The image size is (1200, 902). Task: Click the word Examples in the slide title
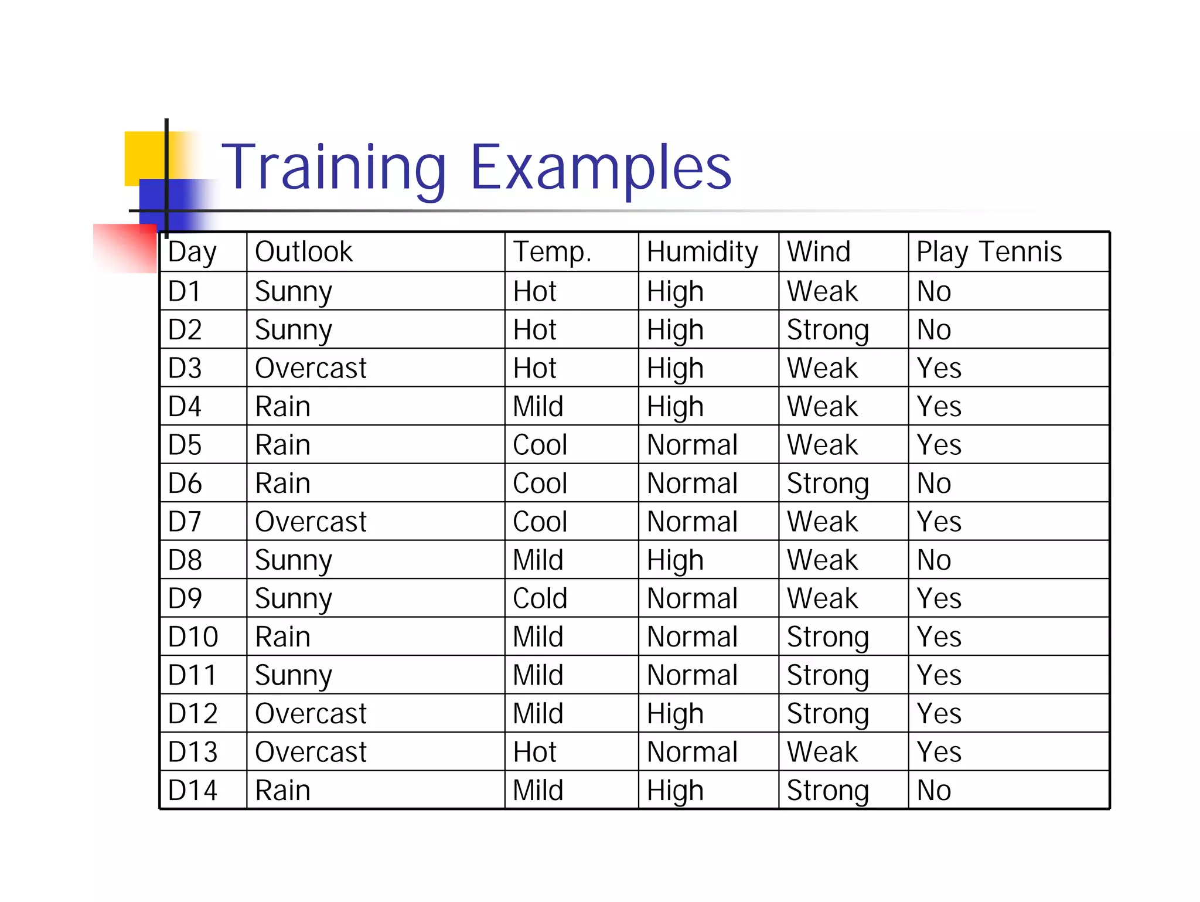click(601, 168)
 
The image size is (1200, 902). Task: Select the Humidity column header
click(702, 252)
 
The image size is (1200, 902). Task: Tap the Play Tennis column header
click(988, 252)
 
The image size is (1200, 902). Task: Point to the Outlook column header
click(304, 252)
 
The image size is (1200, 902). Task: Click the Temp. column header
click(552, 252)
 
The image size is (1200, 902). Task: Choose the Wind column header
click(818, 252)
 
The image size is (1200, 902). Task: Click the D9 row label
click(185, 598)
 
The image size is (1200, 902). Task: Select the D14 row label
click(192, 790)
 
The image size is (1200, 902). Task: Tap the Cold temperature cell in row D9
click(540, 598)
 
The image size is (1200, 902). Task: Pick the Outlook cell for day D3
click(311, 368)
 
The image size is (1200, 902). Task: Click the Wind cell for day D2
click(827, 330)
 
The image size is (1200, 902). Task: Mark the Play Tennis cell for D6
click(933, 484)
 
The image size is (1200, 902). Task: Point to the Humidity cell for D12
click(674, 714)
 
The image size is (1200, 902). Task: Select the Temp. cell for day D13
click(534, 752)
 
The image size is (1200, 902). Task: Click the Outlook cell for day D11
click(293, 675)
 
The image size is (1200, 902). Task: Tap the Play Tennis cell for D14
click(933, 790)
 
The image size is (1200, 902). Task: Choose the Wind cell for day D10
click(827, 637)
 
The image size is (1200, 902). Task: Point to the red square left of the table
click(124, 248)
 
